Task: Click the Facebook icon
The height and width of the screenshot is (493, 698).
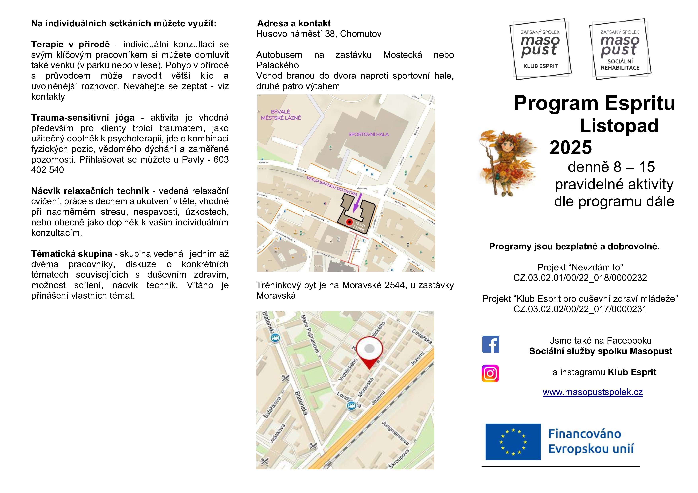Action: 490,344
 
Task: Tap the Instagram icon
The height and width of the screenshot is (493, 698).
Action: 490,373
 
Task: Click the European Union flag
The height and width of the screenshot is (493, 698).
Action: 513,442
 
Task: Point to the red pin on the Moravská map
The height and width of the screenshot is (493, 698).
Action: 369,352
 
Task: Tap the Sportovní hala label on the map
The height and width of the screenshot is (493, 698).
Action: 368,134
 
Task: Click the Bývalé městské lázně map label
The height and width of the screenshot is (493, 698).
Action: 281,115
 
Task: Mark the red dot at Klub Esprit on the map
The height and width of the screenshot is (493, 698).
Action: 350,222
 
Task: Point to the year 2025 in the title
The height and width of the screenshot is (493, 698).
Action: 571,147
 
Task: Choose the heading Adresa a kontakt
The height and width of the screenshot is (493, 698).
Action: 294,23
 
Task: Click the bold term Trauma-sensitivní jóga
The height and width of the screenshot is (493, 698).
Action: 83,117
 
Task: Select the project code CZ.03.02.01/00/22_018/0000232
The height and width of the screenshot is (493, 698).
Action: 580,277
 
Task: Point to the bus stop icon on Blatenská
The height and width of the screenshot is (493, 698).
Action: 275,338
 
